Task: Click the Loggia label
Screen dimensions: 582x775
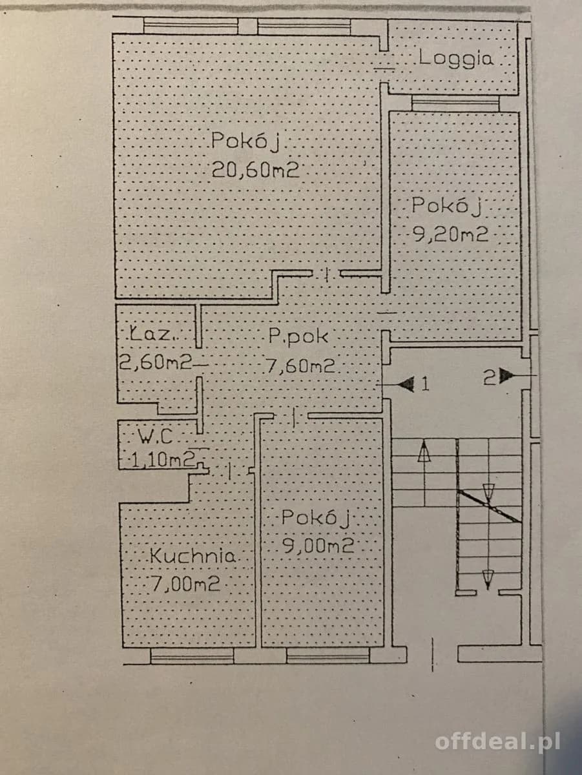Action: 456,58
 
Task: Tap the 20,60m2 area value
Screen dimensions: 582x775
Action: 255,170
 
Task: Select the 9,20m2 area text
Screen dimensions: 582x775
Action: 451,234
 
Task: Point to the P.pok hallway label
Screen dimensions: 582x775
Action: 298,336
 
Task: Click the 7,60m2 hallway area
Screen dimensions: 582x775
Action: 300,366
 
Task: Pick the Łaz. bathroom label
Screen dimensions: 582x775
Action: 152,334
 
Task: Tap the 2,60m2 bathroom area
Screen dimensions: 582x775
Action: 156,362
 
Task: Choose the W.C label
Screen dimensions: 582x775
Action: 155,436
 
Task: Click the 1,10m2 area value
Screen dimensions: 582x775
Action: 163,460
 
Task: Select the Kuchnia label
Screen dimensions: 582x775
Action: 193,556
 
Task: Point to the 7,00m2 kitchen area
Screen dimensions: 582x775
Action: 186,584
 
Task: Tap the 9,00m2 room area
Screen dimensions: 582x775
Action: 318,546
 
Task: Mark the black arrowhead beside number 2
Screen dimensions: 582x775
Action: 506,376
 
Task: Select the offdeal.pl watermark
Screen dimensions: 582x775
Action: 497,742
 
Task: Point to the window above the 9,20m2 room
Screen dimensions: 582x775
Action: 455,104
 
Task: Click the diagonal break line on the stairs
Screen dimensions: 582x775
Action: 490,506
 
